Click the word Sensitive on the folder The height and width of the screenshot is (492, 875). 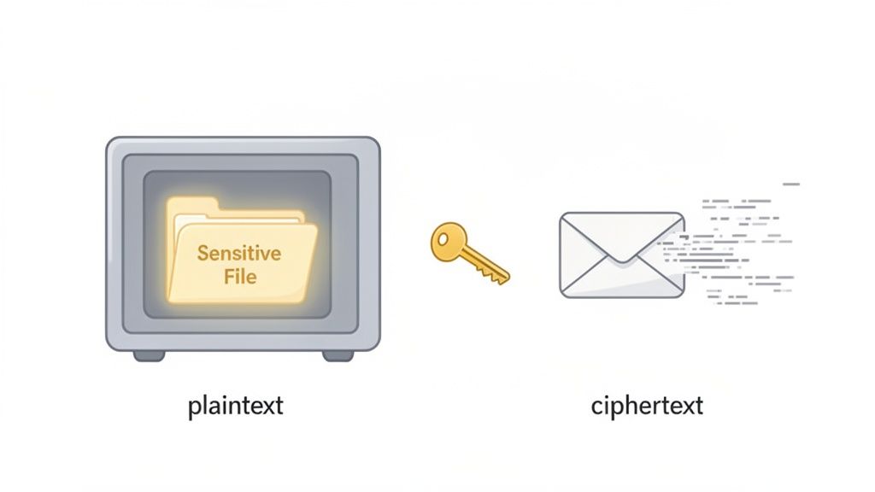tap(239, 253)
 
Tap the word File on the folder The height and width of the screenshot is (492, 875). tap(240, 276)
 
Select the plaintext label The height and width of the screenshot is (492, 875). tap(236, 406)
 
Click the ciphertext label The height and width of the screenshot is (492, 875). tap(647, 406)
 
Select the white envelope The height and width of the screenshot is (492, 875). tap(621, 255)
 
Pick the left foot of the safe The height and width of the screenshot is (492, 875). tap(149, 354)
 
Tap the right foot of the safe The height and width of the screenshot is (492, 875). tap(337, 354)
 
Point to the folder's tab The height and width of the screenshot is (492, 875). tap(194, 205)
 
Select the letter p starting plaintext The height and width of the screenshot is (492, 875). tap(193, 407)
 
